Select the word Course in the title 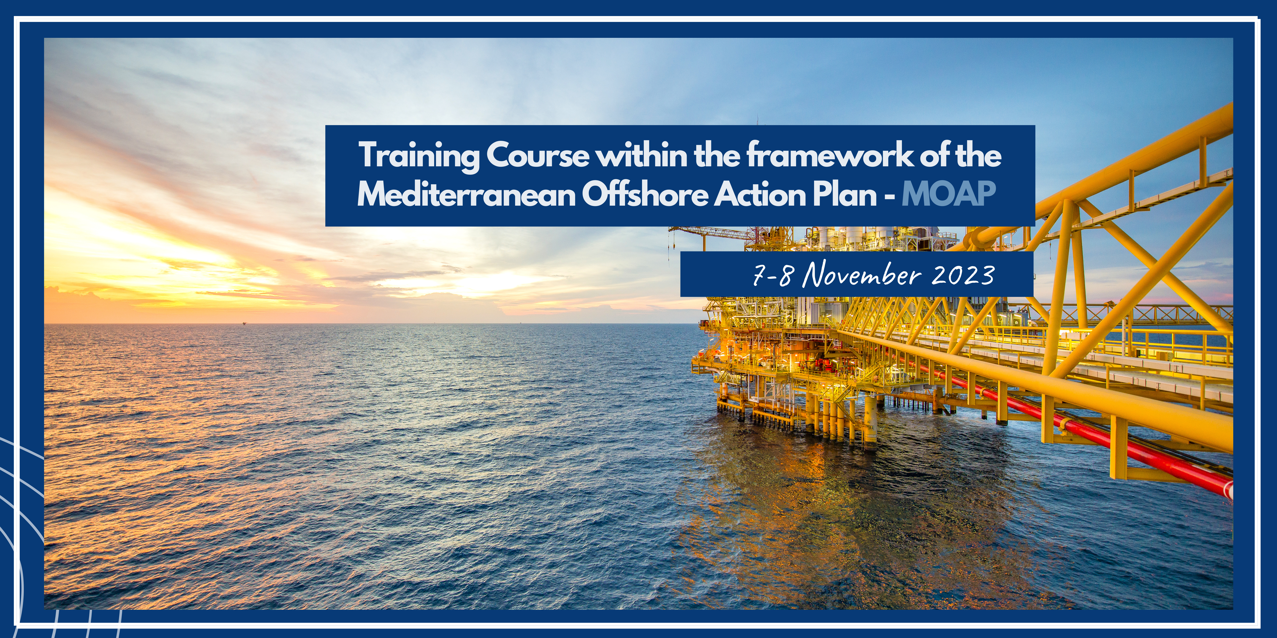click(538, 155)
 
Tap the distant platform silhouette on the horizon click(243, 323)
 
